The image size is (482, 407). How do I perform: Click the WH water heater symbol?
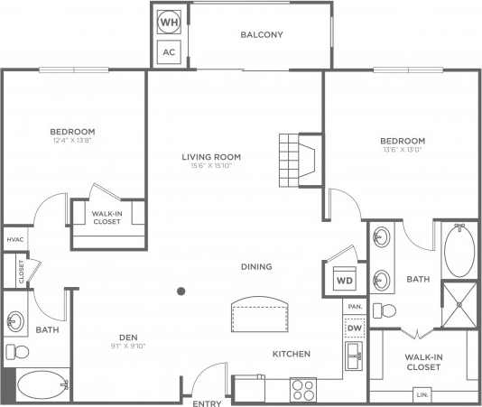click(169, 21)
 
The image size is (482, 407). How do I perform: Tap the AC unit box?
click(169, 51)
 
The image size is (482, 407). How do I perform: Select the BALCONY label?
click(262, 35)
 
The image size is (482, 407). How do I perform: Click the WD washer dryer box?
click(344, 280)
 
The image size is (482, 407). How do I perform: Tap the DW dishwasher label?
click(354, 328)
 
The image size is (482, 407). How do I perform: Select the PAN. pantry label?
click(354, 307)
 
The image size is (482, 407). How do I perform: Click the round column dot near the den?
click(181, 291)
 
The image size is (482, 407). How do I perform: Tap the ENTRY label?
click(207, 402)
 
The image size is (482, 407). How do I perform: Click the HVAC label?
click(15, 239)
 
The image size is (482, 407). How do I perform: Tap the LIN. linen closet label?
click(422, 395)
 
